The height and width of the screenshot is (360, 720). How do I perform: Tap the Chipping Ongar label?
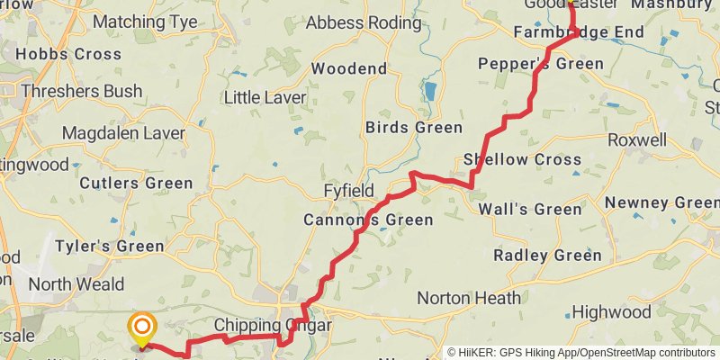(273, 325)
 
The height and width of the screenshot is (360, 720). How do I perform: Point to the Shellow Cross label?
(522, 160)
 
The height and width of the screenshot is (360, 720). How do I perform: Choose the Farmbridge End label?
(579, 32)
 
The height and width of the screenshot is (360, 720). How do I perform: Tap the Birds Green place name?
(414, 127)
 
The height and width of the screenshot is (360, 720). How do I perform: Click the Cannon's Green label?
(368, 220)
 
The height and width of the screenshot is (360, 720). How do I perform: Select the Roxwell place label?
(637, 140)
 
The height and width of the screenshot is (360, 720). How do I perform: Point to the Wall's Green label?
(530, 210)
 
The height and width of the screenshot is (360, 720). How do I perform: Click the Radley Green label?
(547, 256)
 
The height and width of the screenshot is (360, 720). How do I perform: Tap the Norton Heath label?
(469, 298)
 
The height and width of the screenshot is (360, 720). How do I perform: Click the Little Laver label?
(265, 97)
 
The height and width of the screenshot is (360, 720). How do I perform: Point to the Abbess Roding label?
(364, 23)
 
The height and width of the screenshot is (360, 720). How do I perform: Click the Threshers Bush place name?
(81, 91)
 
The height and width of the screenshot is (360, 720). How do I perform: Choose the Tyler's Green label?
(110, 246)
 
